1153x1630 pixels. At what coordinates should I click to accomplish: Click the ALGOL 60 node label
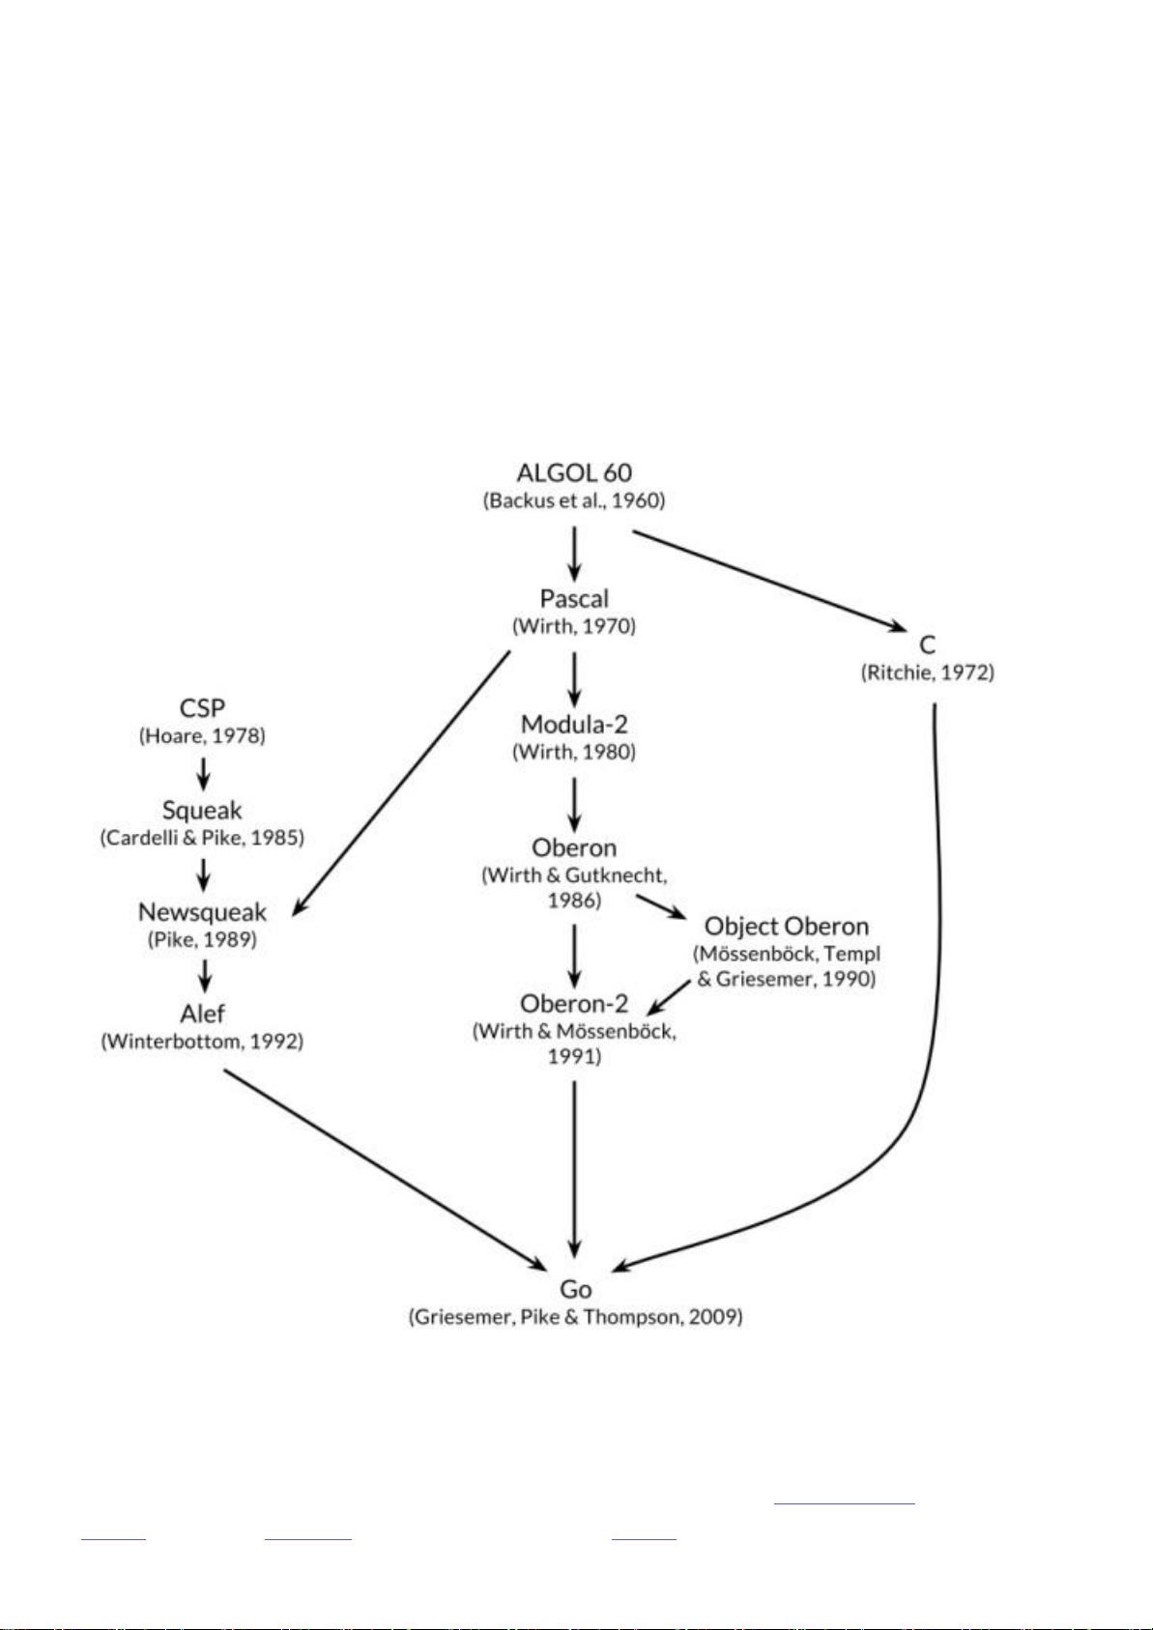(x=574, y=472)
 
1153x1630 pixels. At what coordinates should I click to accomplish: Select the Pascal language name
(x=574, y=598)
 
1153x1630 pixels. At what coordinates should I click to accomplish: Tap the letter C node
(x=928, y=644)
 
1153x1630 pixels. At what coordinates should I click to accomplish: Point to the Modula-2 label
(x=574, y=724)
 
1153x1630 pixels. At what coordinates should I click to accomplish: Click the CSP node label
(x=202, y=707)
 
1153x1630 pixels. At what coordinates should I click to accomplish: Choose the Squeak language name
(x=202, y=810)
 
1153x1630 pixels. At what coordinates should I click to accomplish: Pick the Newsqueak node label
(x=202, y=912)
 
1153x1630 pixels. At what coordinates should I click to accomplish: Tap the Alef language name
(x=202, y=1013)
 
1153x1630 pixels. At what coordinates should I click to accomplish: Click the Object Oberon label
(x=787, y=927)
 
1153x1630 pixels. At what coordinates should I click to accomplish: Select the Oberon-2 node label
(x=574, y=1004)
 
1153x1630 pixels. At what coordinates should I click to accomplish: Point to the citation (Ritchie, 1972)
(x=928, y=673)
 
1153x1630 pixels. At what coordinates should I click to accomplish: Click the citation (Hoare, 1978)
(x=202, y=735)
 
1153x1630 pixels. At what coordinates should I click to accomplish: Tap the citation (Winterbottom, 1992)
(x=202, y=1042)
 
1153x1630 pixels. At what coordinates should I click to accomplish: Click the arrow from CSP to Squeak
(x=204, y=774)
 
